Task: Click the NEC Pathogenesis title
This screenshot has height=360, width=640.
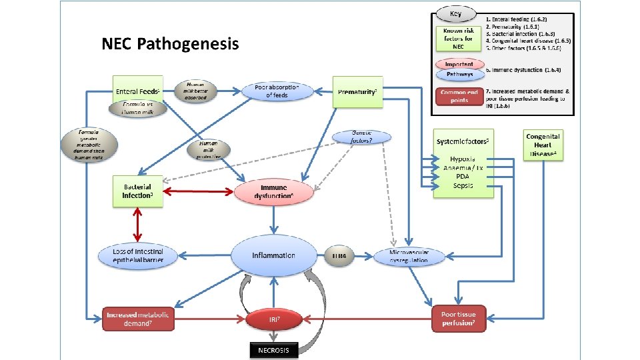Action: click(169, 45)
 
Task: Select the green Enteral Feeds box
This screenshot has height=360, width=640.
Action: click(137, 91)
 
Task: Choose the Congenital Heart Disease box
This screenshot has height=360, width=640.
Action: click(543, 145)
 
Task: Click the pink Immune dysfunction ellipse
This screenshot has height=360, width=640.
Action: click(273, 192)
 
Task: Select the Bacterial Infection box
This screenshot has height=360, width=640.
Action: click(138, 191)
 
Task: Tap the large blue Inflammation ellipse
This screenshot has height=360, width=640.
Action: click(273, 255)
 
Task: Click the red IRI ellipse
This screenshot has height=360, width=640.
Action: click(273, 320)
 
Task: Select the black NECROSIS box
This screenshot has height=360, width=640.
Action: click(273, 350)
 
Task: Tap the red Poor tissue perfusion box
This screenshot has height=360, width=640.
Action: click(459, 319)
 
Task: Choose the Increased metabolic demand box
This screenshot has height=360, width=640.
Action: click(139, 319)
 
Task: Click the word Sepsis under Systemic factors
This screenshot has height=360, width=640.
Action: click(463, 185)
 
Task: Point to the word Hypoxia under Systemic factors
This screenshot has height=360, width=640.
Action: click(463, 159)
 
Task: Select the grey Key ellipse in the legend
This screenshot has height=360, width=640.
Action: click(455, 14)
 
